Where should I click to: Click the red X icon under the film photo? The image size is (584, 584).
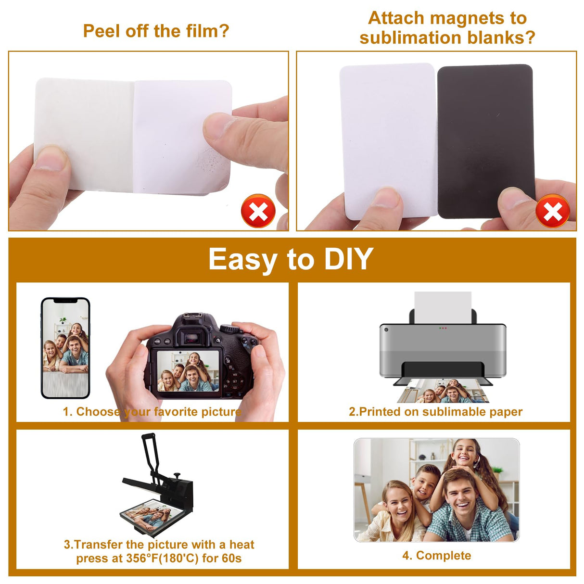[258, 211]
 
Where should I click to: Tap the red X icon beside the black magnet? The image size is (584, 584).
[552, 211]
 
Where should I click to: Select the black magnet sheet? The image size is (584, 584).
[485, 141]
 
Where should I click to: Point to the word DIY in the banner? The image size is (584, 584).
[348, 258]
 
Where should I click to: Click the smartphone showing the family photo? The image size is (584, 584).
[65, 348]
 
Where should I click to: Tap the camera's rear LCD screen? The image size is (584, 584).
[188, 371]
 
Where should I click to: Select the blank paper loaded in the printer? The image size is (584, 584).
[443, 307]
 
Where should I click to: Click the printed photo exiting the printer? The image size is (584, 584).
[443, 391]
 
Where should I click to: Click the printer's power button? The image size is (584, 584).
[386, 330]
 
